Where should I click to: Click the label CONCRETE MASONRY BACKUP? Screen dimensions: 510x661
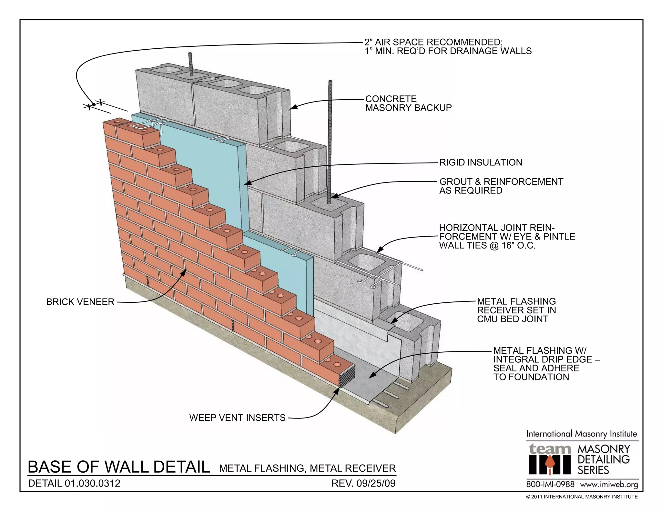click(x=408, y=103)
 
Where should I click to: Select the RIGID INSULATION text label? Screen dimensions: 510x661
click(x=481, y=162)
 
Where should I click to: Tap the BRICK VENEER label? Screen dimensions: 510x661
click(x=80, y=302)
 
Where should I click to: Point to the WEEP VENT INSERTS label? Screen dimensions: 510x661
click(x=237, y=418)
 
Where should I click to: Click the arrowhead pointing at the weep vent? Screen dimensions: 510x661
click(x=337, y=391)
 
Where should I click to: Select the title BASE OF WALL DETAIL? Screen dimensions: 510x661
click(x=118, y=467)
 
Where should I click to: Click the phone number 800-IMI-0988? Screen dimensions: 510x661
click(x=550, y=485)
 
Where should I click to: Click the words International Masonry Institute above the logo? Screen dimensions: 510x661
click(x=582, y=434)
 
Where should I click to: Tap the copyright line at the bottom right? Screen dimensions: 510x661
click(x=582, y=497)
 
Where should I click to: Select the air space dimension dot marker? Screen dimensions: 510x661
click(x=94, y=104)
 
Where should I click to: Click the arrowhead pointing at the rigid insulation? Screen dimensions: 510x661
click(x=246, y=184)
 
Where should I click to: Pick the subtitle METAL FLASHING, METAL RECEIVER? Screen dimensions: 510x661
click(x=307, y=468)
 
